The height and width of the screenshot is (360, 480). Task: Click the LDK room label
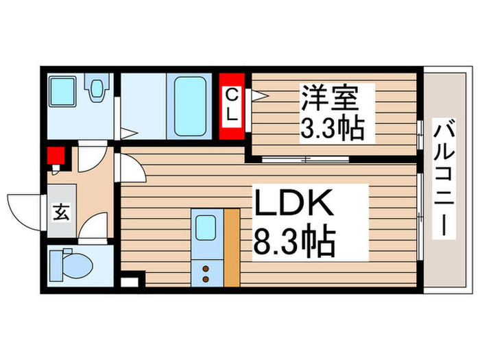tap(294, 205)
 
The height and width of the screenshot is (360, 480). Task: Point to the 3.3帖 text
tap(330, 129)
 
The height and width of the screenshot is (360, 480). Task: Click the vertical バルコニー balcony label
tap(444, 178)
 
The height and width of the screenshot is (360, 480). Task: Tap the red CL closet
tap(232, 105)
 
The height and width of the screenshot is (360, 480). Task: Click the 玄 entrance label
tap(61, 213)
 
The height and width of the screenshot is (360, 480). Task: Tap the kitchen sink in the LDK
tap(206, 228)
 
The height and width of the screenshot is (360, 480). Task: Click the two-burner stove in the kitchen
tap(206, 272)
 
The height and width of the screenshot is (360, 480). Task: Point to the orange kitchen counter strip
tap(232, 246)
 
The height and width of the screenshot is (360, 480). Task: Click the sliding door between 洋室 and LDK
tap(306, 160)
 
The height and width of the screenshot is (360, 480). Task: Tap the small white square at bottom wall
tap(128, 280)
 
